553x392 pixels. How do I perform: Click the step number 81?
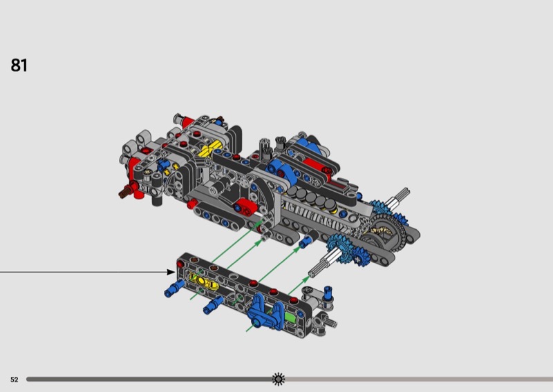point(19,65)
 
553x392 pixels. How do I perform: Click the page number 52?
point(14,380)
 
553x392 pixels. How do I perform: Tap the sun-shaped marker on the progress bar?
point(279,379)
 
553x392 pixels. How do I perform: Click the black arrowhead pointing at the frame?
point(171,272)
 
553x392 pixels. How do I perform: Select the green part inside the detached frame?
point(290,317)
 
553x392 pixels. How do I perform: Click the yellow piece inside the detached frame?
point(203,281)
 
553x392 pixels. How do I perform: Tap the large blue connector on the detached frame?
point(265,312)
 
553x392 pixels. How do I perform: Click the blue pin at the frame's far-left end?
point(175,288)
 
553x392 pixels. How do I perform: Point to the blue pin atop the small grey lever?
point(328,294)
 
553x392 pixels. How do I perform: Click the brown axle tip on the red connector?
point(124,193)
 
